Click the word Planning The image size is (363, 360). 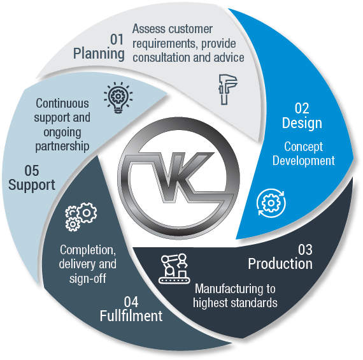(99, 54)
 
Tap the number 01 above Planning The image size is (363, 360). (117, 40)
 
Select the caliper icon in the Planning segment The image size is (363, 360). (228, 89)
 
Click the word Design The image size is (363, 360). (302, 124)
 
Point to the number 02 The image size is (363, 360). (302, 108)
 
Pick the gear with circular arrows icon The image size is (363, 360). (271, 203)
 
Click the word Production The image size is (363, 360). (280, 264)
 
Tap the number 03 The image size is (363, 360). (305, 250)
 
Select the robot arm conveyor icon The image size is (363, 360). (174, 268)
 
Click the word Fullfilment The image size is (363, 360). (131, 316)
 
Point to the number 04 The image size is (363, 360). (131, 302)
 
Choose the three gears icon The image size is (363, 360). (81, 217)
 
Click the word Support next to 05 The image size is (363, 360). (32, 185)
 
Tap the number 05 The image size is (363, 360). (32, 171)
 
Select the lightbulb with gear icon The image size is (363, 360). (118, 97)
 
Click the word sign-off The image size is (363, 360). (88, 278)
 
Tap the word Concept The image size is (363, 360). (304, 147)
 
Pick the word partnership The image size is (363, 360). (62, 147)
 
